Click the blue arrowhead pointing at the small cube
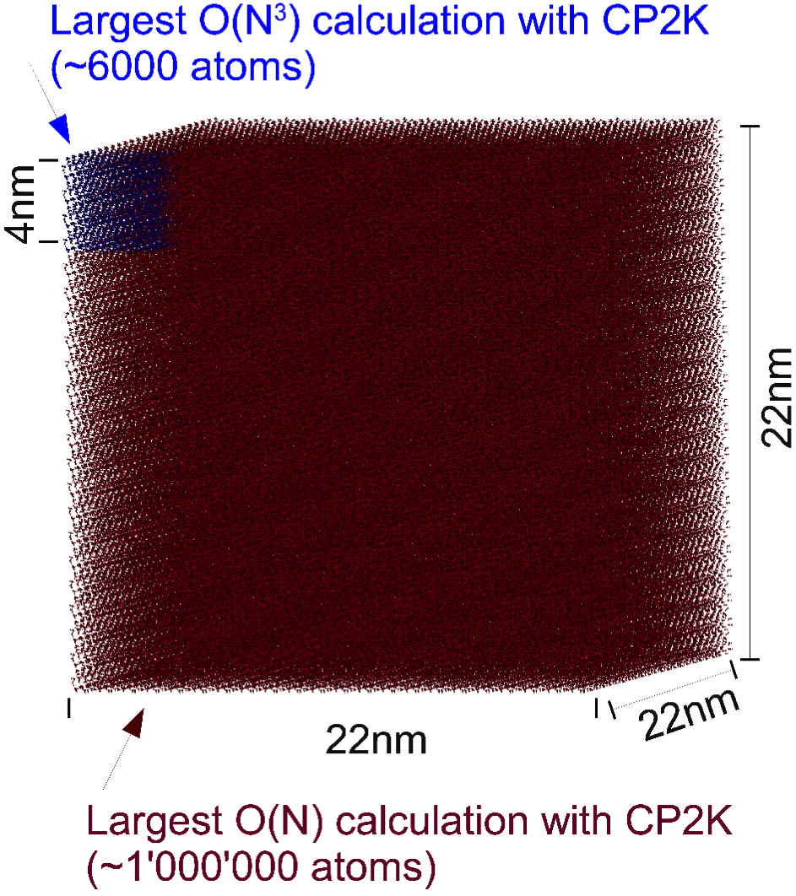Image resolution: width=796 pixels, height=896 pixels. pyautogui.click(x=60, y=128)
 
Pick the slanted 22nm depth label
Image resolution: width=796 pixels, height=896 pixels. pyautogui.click(x=689, y=715)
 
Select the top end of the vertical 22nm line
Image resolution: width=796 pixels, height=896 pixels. pyautogui.click(x=750, y=126)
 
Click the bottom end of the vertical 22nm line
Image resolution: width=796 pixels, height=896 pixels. pyautogui.click(x=750, y=659)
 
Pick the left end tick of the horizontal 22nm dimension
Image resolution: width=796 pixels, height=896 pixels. pyautogui.click(x=68, y=707)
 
